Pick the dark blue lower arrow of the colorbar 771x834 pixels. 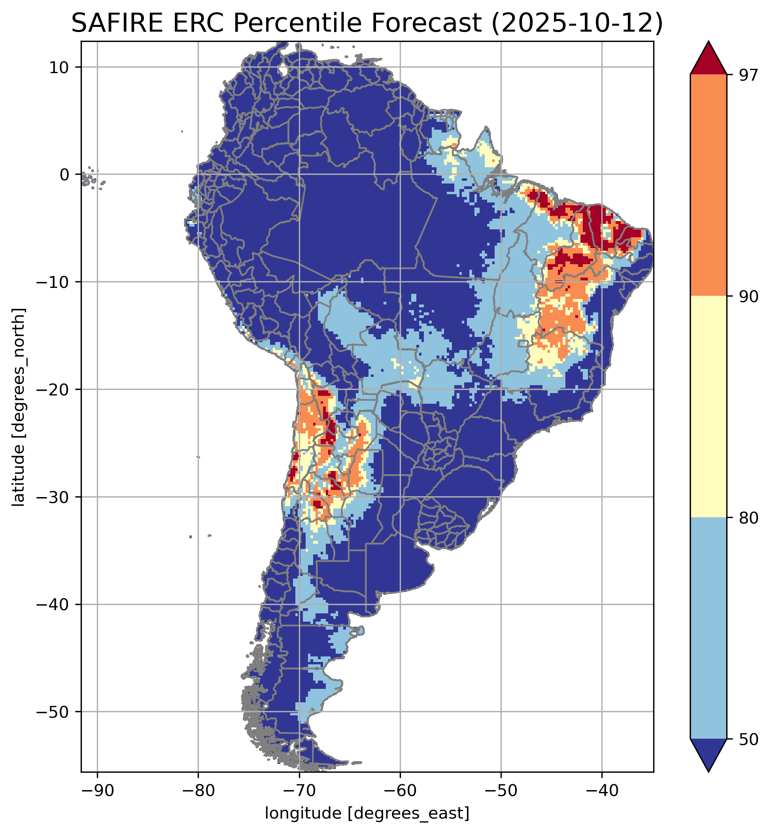click(709, 753)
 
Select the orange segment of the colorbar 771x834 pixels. click(709, 185)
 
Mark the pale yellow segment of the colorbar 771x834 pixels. click(709, 407)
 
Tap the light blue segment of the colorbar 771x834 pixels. click(709, 628)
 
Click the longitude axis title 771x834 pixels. click(367, 813)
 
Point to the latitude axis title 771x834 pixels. click(18, 407)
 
